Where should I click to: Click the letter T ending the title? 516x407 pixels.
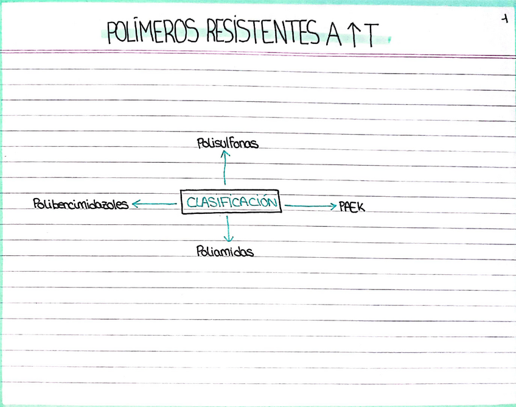point(372,35)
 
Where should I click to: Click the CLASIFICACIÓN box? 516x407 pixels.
point(231,202)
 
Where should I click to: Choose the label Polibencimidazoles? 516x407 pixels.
point(81,204)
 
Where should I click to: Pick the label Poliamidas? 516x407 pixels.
point(225,250)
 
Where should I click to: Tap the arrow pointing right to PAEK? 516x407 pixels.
point(310,207)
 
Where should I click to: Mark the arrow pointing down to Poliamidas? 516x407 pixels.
point(229,228)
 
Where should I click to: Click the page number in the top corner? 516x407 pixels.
point(504,19)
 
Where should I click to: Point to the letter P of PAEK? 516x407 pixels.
point(342,207)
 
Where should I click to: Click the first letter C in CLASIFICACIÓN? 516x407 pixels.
point(190,203)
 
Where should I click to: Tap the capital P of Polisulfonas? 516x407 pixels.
point(201,144)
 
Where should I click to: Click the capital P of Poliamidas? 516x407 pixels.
point(200,250)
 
